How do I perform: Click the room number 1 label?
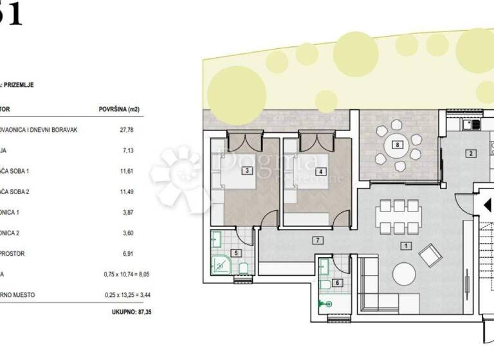[x=405, y=245]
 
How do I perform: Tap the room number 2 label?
[x=471, y=153]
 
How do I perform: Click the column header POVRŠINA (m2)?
[x=120, y=109]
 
